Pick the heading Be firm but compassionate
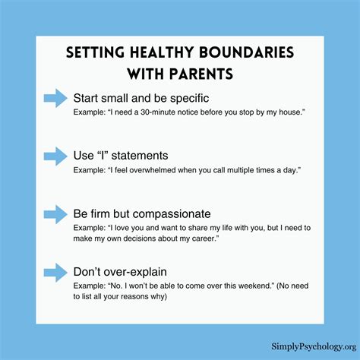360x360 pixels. [152, 213]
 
